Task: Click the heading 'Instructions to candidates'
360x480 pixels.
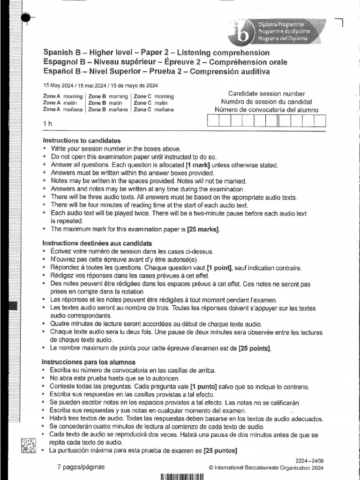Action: point(82,141)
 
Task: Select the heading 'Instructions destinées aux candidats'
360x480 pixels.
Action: point(97,244)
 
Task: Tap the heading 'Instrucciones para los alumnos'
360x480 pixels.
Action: point(89,362)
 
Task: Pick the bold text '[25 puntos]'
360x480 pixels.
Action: point(220,451)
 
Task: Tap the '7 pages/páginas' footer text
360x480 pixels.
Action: point(81,467)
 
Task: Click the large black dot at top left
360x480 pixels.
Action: point(26,17)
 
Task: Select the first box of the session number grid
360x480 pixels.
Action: point(212,121)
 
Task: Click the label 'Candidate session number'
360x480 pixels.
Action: point(266,94)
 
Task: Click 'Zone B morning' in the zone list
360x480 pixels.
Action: point(107,96)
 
